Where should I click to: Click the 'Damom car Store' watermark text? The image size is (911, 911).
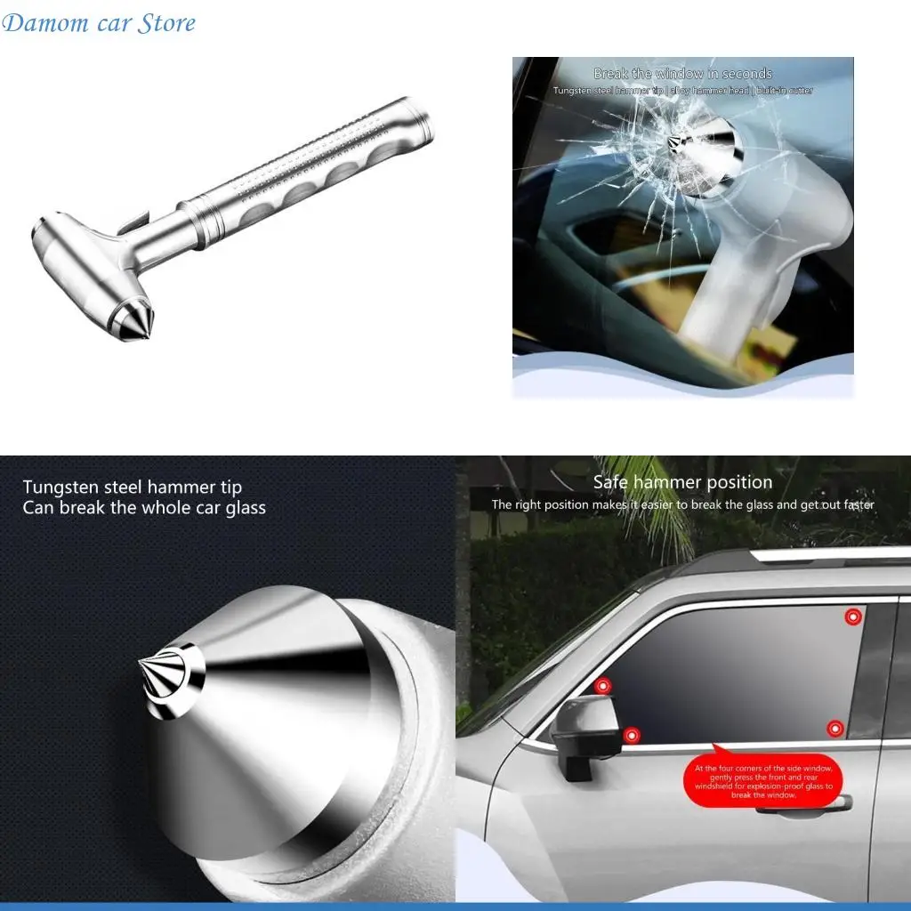(x=99, y=23)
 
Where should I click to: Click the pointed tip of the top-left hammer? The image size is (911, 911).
(x=141, y=327)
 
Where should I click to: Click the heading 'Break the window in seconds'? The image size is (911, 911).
(x=682, y=74)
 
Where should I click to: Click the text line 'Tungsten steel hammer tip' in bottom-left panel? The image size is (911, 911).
(x=132, y=487)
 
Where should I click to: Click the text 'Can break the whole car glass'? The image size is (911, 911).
(x=144, y=508)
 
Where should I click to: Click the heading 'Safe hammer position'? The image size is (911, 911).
(x=682, y=482)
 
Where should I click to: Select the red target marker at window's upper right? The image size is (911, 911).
(x=852, y=617)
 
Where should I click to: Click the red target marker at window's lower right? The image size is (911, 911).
(x=834, y=730)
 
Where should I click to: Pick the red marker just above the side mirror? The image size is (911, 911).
(x=602, y=686)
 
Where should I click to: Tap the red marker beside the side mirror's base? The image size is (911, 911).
(x=631, y=736)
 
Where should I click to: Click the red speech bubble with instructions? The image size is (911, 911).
(x=762, y=780)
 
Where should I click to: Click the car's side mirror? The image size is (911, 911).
(x=583, y=730)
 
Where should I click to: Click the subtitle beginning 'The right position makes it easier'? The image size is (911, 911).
(x=682, y=504)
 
